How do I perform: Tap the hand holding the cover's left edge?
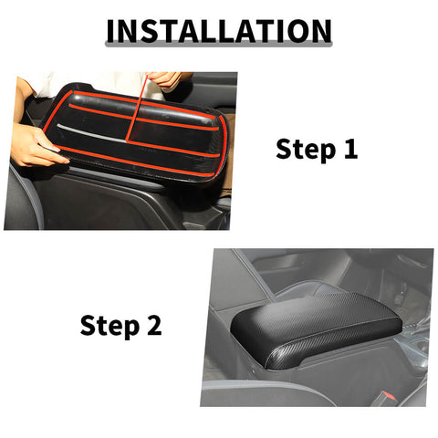[35, 146]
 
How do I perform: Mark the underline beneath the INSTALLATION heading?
[219, 46]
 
